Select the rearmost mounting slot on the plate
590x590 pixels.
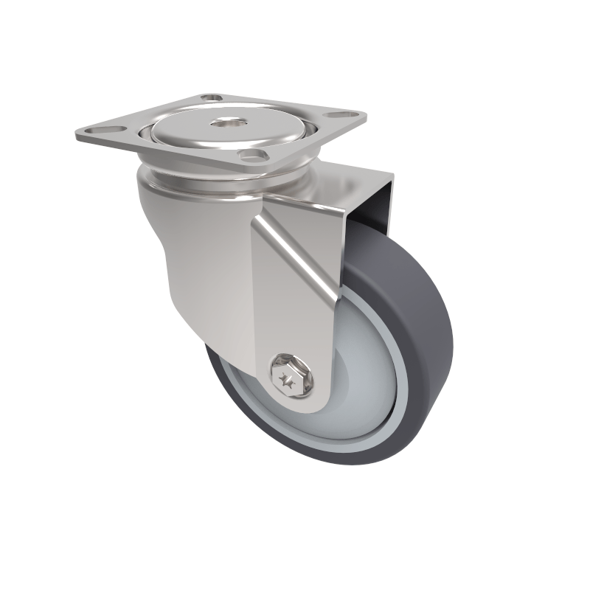[213, 97]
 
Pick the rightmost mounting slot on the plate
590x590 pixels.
[341, 114]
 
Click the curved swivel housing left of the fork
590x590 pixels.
[184, 258]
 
